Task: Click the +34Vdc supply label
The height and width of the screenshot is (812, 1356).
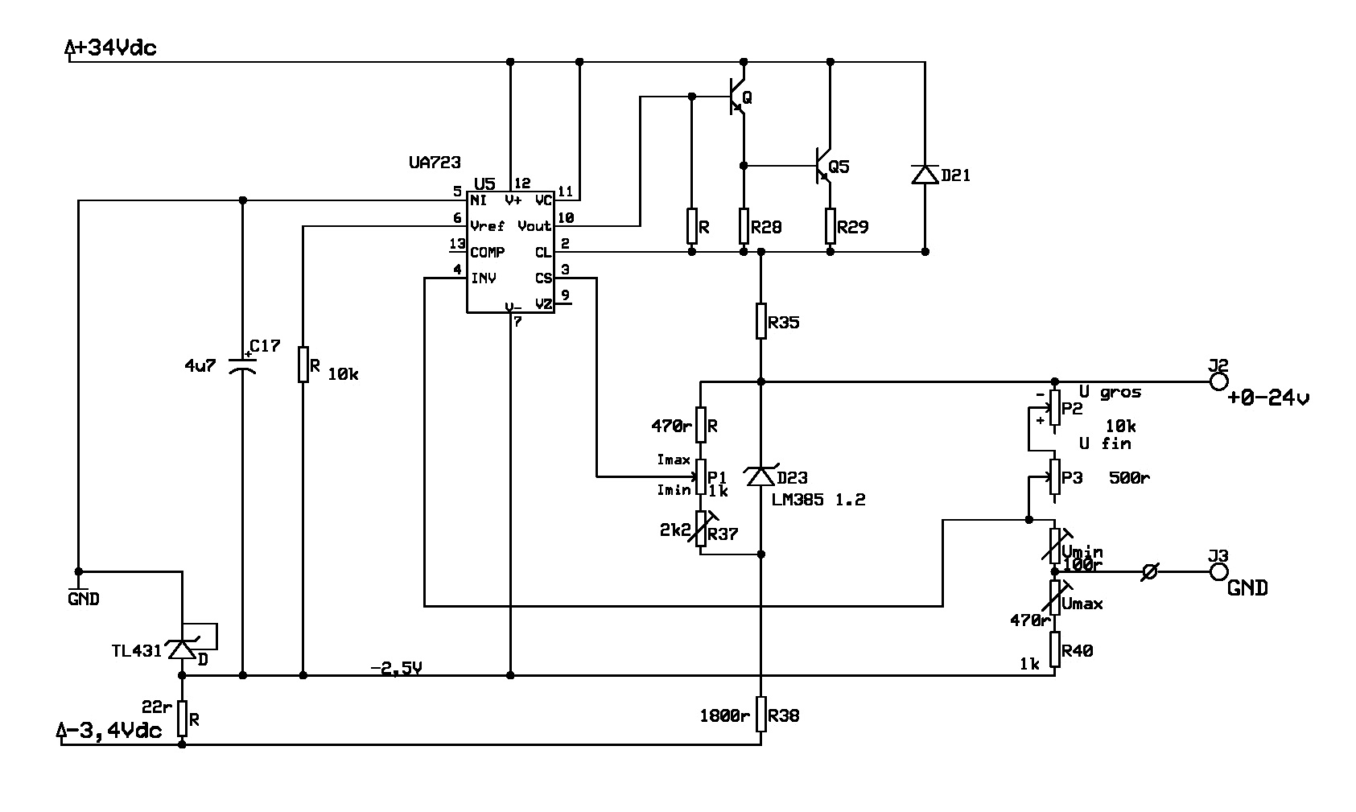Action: (113, 48)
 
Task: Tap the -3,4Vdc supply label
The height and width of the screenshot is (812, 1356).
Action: (112, 731)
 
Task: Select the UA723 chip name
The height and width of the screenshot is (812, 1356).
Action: (435, 163)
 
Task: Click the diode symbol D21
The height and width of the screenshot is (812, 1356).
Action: (925, 174)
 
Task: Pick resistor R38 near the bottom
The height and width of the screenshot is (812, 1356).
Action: (761, 715)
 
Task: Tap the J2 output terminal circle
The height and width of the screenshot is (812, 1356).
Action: (1218, 382)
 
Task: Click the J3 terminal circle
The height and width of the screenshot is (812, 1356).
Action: (1218, 572)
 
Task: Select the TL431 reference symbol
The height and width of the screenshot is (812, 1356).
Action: (183, 649)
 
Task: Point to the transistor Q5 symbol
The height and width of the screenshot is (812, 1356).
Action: (822, 167)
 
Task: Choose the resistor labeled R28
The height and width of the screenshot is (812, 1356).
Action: (744, 226)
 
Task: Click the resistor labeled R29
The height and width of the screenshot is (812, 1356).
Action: (830, 226)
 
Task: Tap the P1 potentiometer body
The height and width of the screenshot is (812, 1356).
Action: (701, 476)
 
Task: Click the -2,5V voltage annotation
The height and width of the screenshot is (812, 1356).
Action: (396, 667)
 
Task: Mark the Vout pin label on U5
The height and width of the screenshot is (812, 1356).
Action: (534, 226)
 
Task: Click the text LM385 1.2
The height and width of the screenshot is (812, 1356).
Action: (818, 500)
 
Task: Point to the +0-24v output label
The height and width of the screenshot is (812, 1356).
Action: (1268, 398)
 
